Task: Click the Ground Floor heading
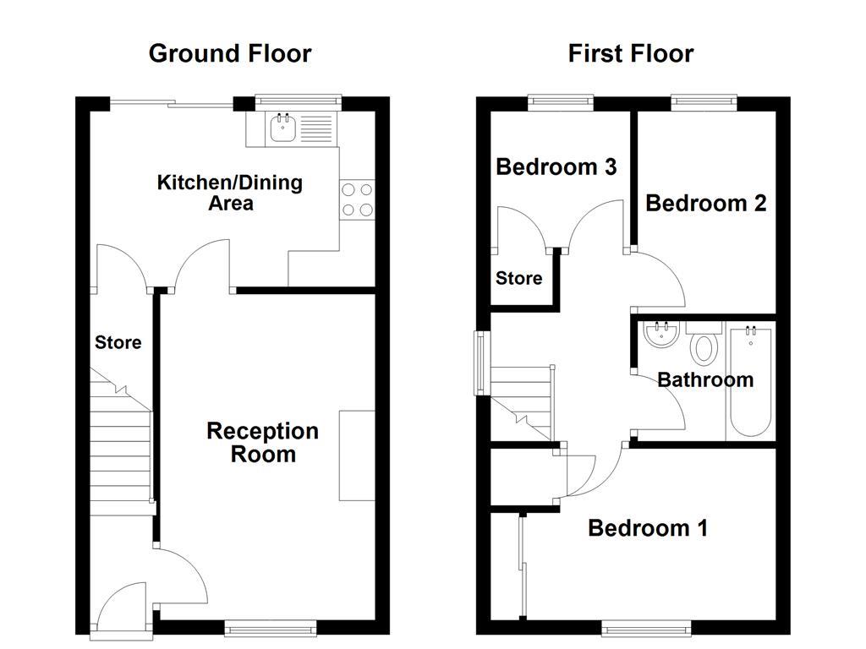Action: point(230,53)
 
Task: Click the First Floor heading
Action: point(631,53)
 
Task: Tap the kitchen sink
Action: point(281,128)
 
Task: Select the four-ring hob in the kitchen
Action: point(357,199)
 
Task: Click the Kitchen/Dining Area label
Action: point(230,193)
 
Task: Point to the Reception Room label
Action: point(263,443)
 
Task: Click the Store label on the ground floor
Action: point(118,343)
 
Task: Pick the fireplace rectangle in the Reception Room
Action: point(357,455)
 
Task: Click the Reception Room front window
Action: point(271,626)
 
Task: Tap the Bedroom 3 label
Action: point(556,167)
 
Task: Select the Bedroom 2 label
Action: point(705,203)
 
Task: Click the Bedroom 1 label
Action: point(648,528)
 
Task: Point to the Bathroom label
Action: point(705,379)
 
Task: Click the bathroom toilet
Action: point(704,345)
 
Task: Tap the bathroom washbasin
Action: point(660,335)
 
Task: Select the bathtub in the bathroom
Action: point(750,381)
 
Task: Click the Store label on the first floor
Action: point(518,278)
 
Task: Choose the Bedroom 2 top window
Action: point(704,102)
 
